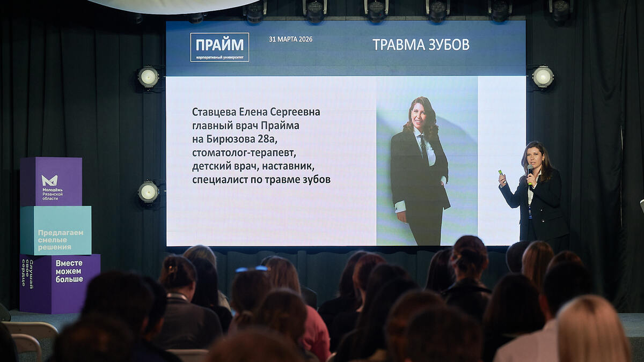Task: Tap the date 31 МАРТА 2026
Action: pyautogui.click(x=290, y=39)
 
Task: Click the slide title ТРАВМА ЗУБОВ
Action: pyautogui.click(x=421, y=45)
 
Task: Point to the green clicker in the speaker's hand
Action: pyautogui.click(x=501, y=173)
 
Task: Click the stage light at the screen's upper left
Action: pyautogui.click(x=149, y=77)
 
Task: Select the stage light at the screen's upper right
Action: pyautogui.click(x=543, y=77)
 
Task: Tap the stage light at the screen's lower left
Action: pyautogui.click(x=149, y=192)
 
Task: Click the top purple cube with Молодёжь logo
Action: pyautogui.click(x=52, y=181)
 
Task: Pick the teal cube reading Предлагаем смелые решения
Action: pyautogui.click(x=56, y=231)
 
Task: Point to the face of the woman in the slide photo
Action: pyautogui.click(x=419, y=114)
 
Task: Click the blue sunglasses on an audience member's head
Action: pyautogui.click(x=252, y=269)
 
